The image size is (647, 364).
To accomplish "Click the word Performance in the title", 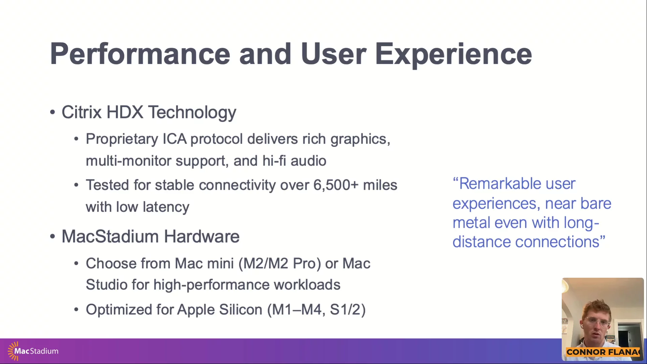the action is pyautogui.click(x=140, y=54).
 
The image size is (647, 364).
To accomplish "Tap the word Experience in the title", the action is pyautogui.click(x=454, y=55).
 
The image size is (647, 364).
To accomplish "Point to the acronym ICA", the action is pyautogui.click(x=175, y=139).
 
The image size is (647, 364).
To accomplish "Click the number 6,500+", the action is pyautogui.click(x=336, y=185).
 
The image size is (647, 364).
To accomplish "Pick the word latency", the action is pyautogui.click(x=166, y=207).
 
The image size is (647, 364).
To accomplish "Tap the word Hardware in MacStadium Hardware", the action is pyautogui.click(x=202, y=236).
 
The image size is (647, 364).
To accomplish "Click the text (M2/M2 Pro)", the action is pyautogui.click(x=280, y=264).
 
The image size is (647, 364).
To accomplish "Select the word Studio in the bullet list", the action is pyautogui.click(x=107, y=284).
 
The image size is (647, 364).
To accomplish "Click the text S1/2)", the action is pyautogui.click(x=348, y=310).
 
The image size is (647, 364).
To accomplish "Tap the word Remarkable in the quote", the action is pyautogui.click(x=500, y=184).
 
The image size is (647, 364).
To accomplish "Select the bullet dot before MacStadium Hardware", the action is pyautogui.click(x=52, y=237).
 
